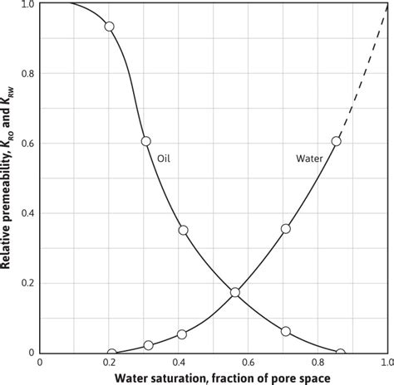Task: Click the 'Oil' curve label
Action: coord(165,155)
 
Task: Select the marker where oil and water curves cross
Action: coord(235,292)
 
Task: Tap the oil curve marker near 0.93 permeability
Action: coord(109,27)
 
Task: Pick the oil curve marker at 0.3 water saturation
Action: coord(146,141)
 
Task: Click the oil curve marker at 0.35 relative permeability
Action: coord(183,230)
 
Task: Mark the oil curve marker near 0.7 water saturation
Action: coord(286,331)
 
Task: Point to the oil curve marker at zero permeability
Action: coord(340,353)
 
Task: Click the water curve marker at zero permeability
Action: coord(111,353)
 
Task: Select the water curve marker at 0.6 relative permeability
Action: coord(337,141)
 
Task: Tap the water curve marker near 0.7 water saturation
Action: coord(286,228)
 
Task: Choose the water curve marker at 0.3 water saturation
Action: coord(149,345)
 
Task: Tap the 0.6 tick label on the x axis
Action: coord(247,363)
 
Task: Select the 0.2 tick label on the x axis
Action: coord(109,363)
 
